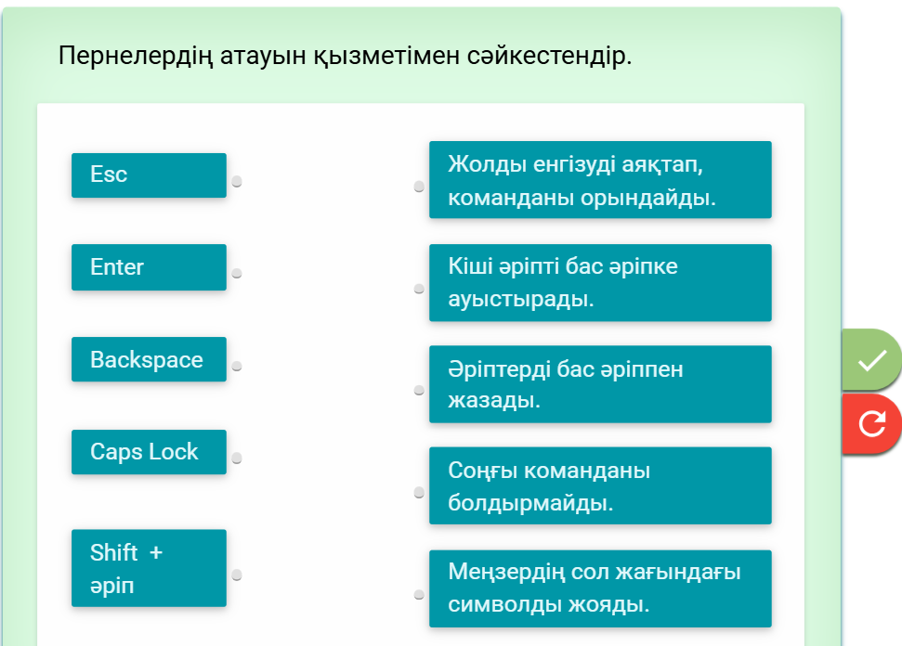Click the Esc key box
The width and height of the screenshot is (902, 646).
pyautogui.click(x=149, y=175)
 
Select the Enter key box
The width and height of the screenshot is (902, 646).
pyautogui.click(x=149, y=267)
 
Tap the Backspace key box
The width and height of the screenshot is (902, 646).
pyautogui.click(x=149, y=359)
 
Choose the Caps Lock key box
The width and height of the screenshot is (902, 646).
pyautogui.click(x=149, y=452)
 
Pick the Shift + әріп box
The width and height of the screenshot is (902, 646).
pyautogui.click(x=149, y=568)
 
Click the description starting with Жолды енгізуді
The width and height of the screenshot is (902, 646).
pyautogui.click(x=600, y=179)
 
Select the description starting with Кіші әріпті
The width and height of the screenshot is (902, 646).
pyautogui.click(x=600, y=283)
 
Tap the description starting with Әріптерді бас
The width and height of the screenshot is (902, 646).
pyautogui.click(x=600, y=384)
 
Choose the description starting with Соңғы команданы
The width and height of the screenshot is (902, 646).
pyautogui.click(x=600, y=485)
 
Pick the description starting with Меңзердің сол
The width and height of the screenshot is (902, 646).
pyautogui.click(x=600, y=588)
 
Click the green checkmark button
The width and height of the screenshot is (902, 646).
pyautogui.click(x=871, y=360)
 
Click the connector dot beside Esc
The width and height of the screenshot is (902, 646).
pyautogui.click(x=237, y=182)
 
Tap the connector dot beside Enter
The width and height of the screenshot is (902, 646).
pyautogui.click(x=237, y=274)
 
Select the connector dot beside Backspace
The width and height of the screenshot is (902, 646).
pyautogui.click(x=237, y=366)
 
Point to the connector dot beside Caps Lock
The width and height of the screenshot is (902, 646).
pyautogui.click(x=237, y=459)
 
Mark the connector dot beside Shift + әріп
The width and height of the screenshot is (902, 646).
pyautogui.click(x=237, y=575)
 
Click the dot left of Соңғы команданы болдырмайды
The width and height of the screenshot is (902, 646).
pyautogui.click(x=419, y=493)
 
